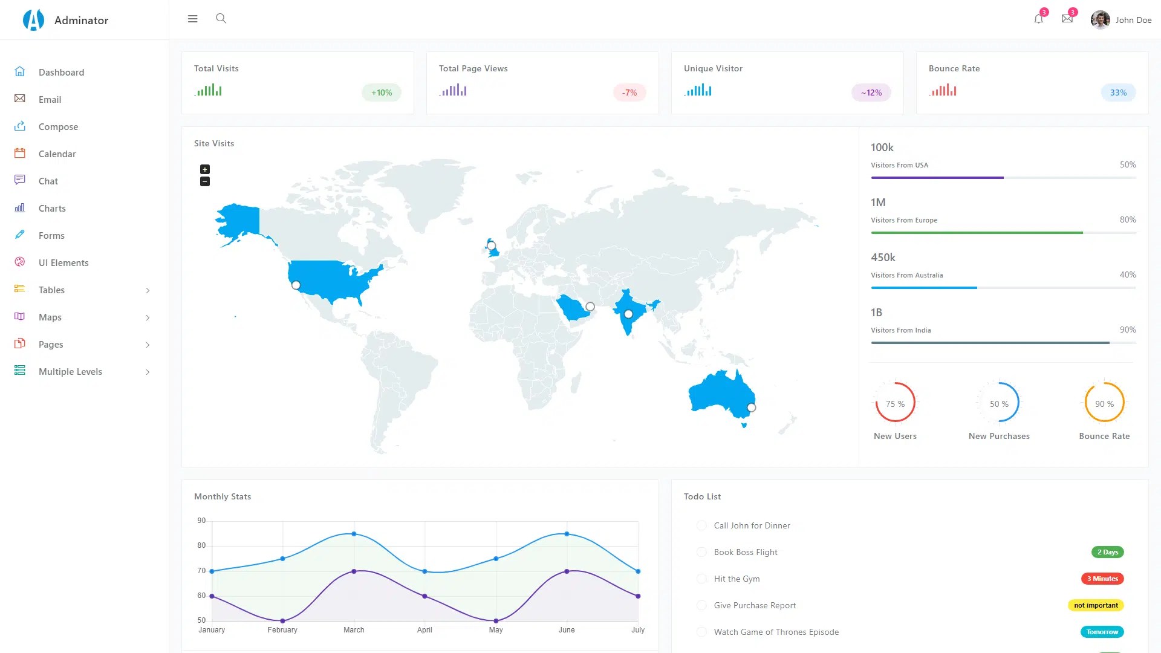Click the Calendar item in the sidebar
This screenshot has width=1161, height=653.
tap(57, 154)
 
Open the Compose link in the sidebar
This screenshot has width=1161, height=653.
tap(58, 127)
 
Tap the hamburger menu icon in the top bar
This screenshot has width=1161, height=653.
tap(193, 19)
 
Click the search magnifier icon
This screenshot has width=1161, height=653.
tap(221, 19)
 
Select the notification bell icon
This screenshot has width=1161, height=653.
tap(1038, 19)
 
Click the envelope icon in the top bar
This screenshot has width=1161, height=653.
tap(1067, 19)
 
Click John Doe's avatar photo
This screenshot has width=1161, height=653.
tap(1100, 20)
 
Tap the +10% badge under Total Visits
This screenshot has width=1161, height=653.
tap(382, 93)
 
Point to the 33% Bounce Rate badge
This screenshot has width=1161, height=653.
tap(1118, 93)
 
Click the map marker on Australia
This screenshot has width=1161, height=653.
tap(751, 408)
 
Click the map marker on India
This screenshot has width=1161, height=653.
tap(628, 314)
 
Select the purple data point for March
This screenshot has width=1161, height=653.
tap(354, 571)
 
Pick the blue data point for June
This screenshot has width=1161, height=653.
tap(567, 534)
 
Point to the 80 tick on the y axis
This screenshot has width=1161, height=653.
tap(201, 545)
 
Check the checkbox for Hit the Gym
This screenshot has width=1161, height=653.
tap(701, 579)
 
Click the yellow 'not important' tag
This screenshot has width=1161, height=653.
tap(1096, 605)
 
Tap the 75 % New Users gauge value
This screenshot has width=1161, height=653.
tap(895, 404)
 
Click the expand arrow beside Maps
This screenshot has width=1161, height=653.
tap(148, 317)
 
